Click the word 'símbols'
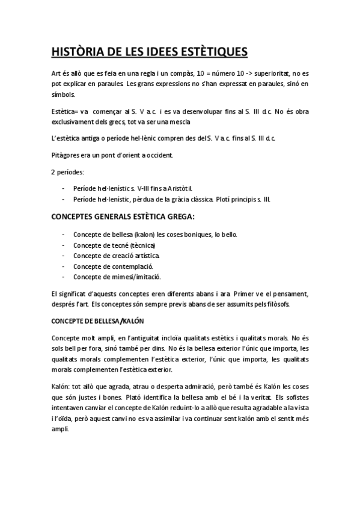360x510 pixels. tap(64, 95)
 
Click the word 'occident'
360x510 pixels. tap(156, 156)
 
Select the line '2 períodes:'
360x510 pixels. tap(68, 173)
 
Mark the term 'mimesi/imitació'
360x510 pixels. tap(138, 277)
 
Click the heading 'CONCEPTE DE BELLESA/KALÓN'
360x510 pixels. tap(98, 321)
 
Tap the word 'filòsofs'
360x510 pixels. tap(277, 304)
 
